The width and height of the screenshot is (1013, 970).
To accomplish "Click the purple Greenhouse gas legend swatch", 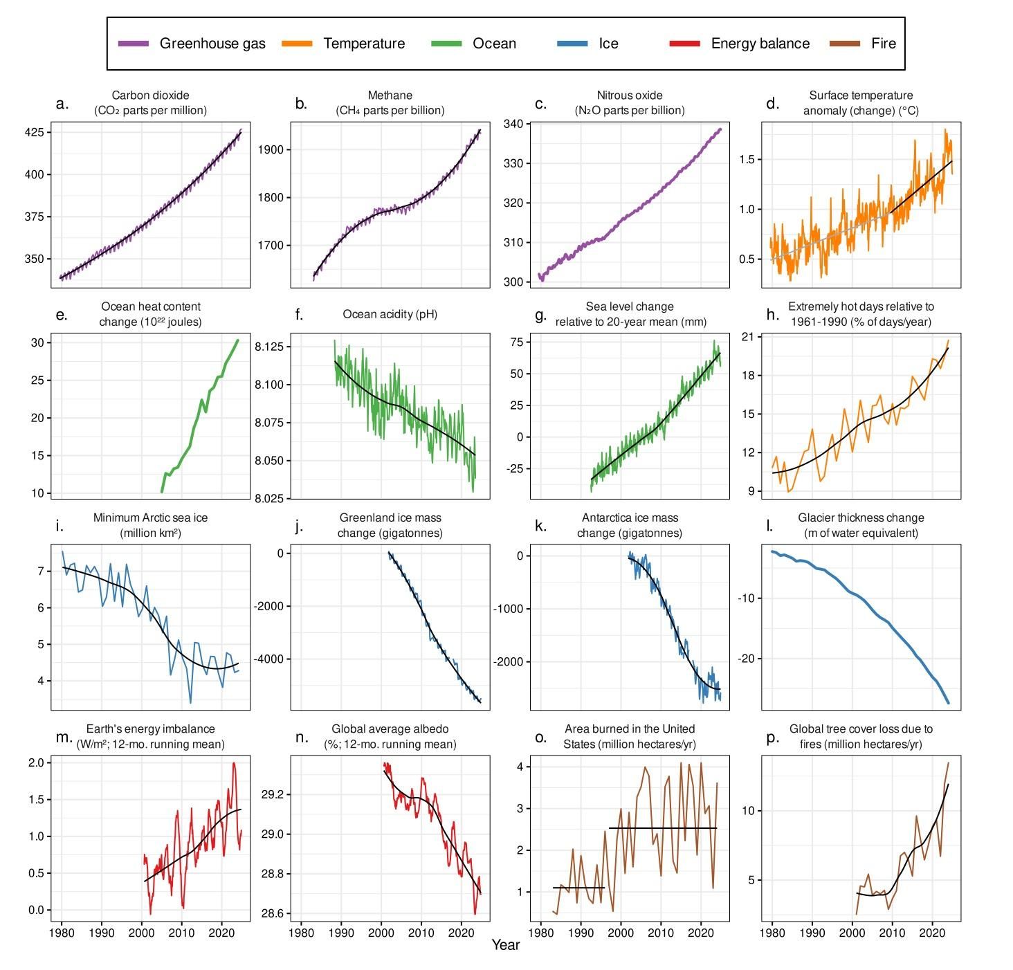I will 134,44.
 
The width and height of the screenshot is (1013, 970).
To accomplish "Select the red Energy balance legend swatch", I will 684,44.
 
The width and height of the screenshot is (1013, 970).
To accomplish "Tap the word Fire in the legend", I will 883,44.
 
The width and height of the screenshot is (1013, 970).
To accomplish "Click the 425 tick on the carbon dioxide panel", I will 35,132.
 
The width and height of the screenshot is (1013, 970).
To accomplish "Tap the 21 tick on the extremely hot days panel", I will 752,336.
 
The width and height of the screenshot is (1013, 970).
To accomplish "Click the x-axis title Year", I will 505,945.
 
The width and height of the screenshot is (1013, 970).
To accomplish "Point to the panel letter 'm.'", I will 63,737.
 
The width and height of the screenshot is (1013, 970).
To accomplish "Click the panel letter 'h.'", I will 773,315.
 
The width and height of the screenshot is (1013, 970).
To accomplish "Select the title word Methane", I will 390,95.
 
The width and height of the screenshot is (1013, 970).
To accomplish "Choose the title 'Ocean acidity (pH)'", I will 390,314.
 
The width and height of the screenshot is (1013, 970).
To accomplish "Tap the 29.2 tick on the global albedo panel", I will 272,794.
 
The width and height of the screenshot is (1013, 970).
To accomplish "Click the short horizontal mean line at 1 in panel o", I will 578,888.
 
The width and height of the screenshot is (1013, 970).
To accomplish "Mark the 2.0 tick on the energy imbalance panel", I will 36,762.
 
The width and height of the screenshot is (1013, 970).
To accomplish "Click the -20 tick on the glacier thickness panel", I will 747,659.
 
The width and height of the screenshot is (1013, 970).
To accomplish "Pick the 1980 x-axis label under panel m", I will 62,933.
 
